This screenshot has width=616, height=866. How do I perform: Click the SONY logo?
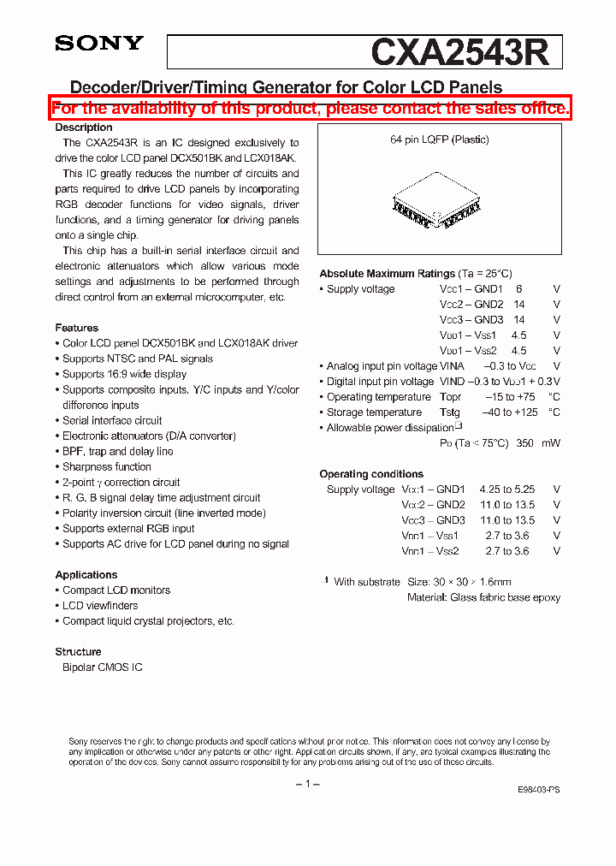pyautogui.click(x=99, y=44)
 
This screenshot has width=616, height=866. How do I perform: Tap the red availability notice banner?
pyautogui.click(x=310, y=108)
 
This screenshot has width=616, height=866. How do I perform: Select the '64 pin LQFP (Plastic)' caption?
pyautogui.click(x=439, y=139)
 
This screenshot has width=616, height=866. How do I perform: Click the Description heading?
pyautogui.click(x=84, y=128)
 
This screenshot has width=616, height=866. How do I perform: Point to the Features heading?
pyautogui.click(x=77, y=328)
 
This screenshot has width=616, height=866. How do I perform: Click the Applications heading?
pyautogui.click(x=86, y=575)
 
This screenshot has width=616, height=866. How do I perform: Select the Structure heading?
pyautogui.click(x=79, y=652)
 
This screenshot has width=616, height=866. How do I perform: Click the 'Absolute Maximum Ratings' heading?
pyautogui.click(x=387, y=274)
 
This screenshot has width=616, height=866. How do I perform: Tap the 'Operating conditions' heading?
pyautogui.click(x=371, y=474)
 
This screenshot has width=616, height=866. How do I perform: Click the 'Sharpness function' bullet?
pyautogui.click(x=106, y=467)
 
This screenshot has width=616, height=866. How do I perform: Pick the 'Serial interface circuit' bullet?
pyautogui.click(x=111, y=421)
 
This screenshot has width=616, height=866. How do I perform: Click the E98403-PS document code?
pyautogui.click(x=539, y=790)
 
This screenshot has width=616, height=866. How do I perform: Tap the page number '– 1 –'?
pyautogui.click(x=308, y=785)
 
